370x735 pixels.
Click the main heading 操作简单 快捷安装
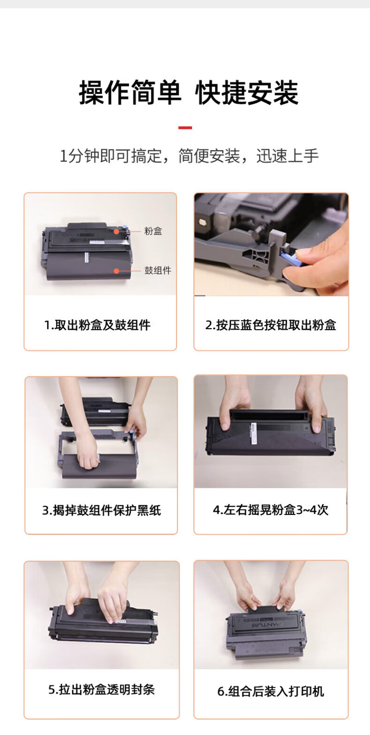point(188,92)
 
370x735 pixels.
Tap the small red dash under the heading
point(185,128)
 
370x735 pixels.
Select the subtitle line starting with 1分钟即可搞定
point(189,155)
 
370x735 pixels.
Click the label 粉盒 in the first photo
point(153,231)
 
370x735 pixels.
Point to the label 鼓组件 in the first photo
point(158,270)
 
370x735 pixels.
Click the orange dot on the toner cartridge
point(116,231)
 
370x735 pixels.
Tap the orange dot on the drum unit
point(116,271)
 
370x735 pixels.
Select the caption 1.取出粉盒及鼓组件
point(97,325)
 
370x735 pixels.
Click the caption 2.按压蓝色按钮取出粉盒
point(271,325)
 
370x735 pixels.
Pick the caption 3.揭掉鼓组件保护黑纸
point(101,510)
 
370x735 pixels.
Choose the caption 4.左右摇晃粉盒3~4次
point(271,510)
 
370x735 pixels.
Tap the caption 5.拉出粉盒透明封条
point(101,689)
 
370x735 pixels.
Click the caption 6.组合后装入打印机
point(271,691)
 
